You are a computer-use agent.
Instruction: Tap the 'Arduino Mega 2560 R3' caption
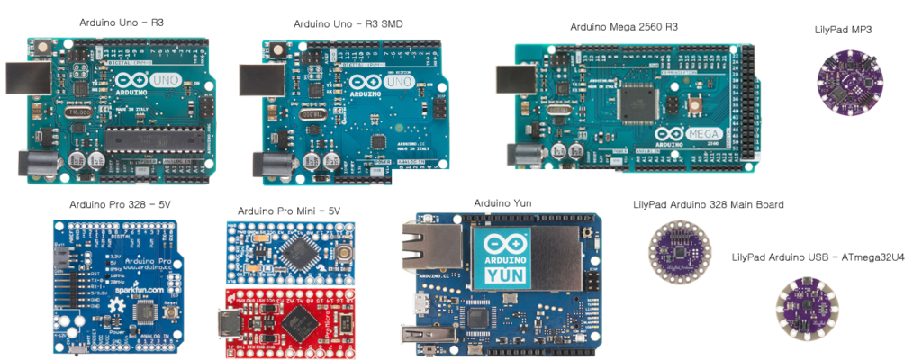click(623, 27)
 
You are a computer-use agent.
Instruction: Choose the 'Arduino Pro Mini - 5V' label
click(289, 211)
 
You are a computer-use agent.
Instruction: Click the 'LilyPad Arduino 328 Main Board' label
click(708, 205)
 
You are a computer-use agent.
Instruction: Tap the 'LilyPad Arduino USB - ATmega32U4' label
click(818, 257)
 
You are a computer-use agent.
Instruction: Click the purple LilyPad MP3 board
click(843, 77)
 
